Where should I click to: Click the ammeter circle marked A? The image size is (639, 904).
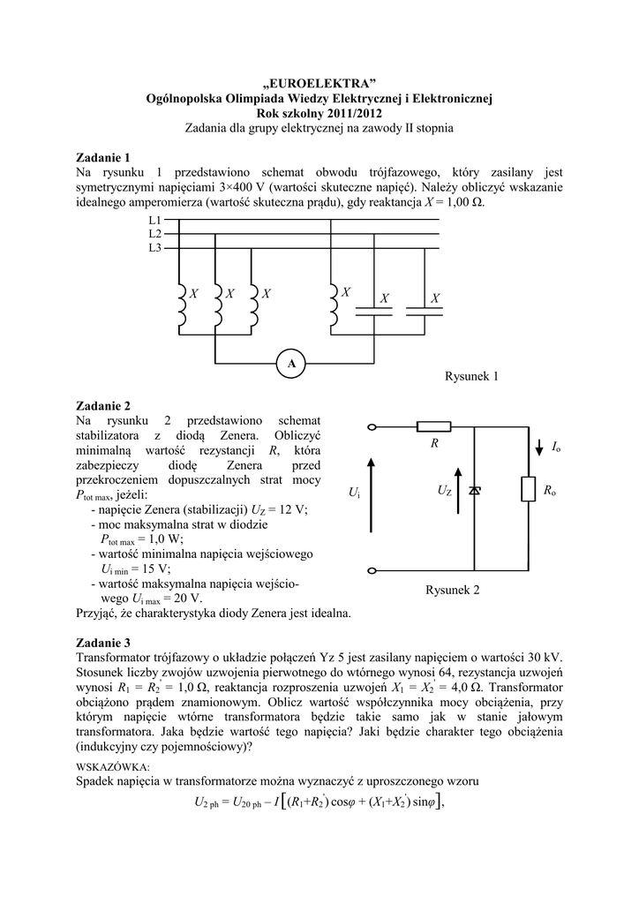[x=291, y=363]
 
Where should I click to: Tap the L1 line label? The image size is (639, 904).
[x=154, y=219]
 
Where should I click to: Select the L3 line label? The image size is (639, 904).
[x=154, y=248]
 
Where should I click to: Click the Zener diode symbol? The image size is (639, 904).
[x=475, y=490]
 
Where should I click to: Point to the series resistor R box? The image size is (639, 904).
[x=433, y=426]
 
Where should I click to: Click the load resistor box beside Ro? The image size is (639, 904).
[x=527, y=490]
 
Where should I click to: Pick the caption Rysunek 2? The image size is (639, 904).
[x=452, y=590]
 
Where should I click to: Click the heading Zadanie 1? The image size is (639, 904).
[x=104, y=157]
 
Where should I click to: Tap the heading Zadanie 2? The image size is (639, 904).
[x=104, y=405]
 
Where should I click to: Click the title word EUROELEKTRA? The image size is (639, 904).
[x=319, y=83]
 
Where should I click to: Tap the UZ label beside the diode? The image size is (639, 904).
[x=444, y=490]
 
